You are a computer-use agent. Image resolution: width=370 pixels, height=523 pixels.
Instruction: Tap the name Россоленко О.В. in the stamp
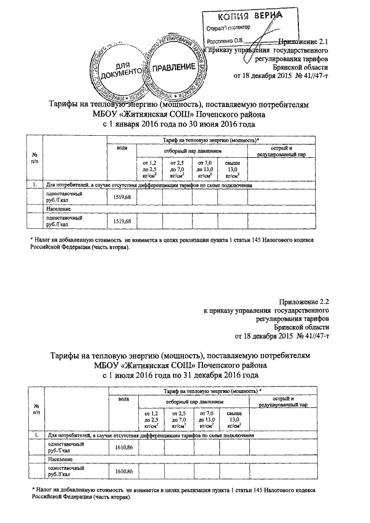click(225, 41)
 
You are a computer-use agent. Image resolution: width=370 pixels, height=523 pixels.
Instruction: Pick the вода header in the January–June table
click(122, 149)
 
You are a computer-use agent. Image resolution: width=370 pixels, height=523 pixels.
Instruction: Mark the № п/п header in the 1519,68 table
click(36, 158)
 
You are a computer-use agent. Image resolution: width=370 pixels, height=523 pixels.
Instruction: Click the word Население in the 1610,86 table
click(60, 459)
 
